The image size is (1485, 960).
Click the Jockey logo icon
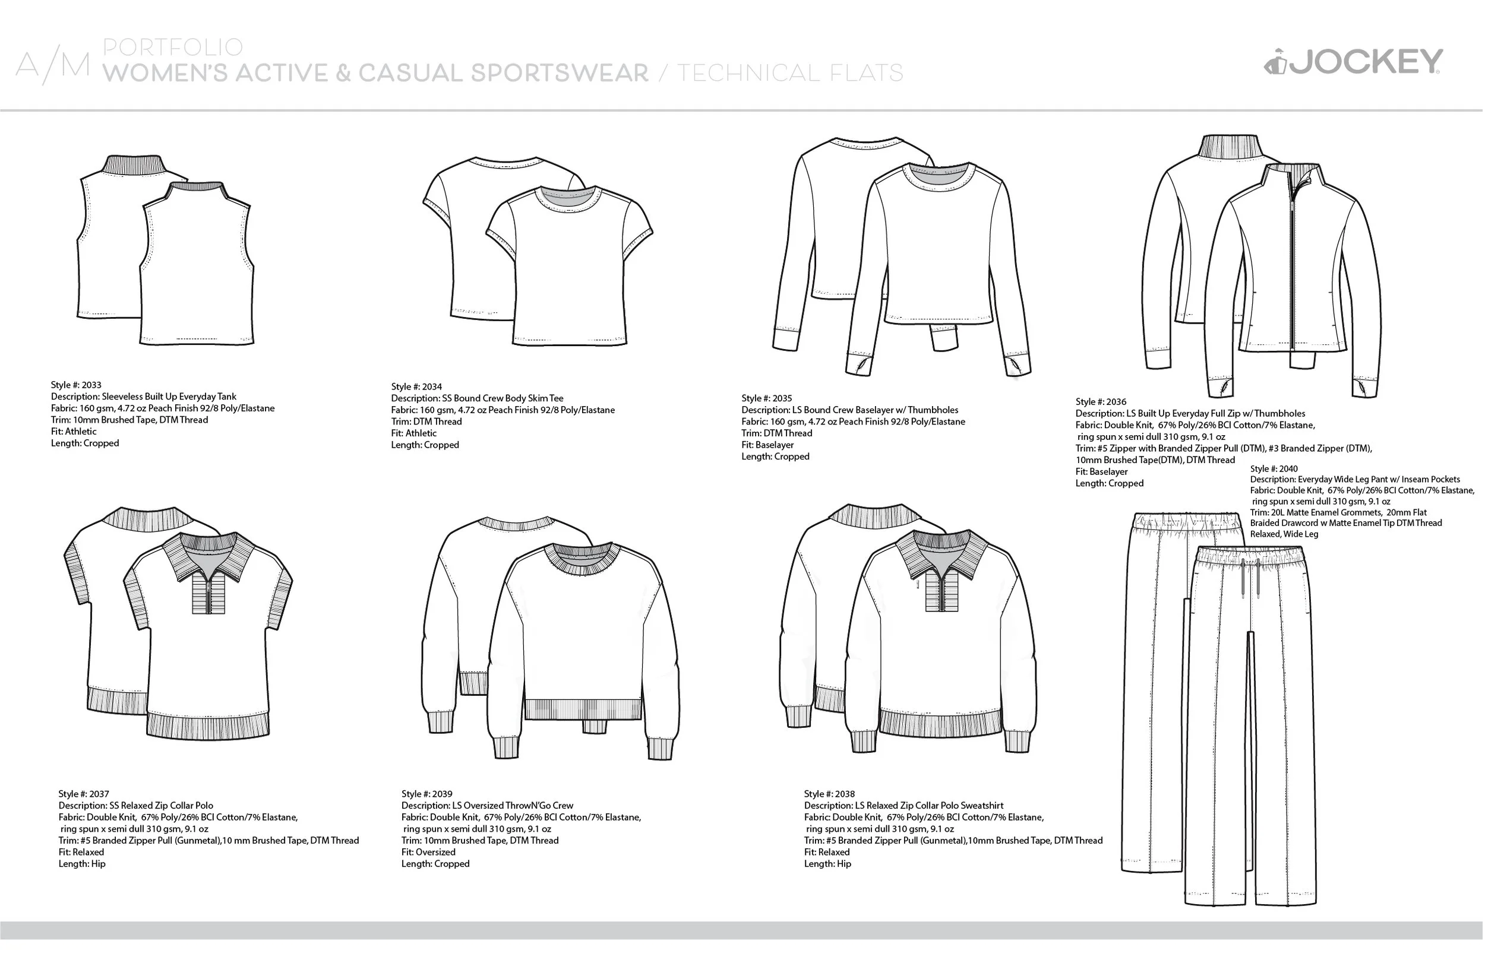1275,63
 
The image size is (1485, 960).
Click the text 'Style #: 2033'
76,385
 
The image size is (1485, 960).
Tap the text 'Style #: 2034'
416,387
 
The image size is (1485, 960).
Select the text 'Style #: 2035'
766,398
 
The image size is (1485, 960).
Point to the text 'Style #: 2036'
1101,402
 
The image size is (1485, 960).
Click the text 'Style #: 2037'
84,794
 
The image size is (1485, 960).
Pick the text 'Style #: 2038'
829,794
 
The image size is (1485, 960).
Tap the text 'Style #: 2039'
426,794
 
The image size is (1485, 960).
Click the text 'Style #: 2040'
1274,469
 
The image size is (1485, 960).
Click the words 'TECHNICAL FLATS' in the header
790,74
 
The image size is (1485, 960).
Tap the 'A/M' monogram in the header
53,66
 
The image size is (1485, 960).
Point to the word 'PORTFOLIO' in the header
173,47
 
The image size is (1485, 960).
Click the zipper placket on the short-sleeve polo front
208,594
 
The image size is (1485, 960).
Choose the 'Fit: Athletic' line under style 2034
413,433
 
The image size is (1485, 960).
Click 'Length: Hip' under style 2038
827,864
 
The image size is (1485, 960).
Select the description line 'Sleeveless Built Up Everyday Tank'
143,397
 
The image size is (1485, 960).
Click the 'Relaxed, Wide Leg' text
1284,534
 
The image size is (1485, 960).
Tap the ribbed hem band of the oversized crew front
583,709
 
